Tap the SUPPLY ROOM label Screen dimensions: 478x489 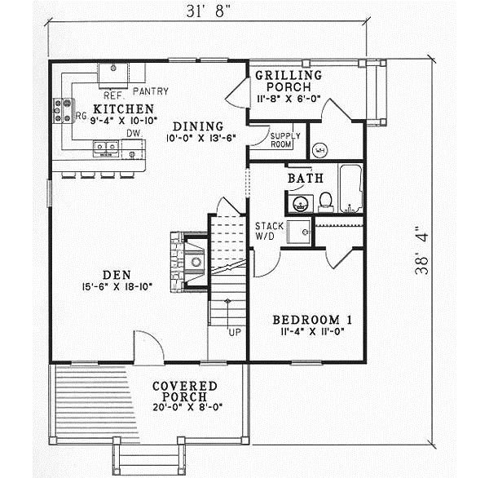(280, 139)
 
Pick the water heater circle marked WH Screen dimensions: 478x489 (319, 150)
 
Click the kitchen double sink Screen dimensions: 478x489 (107, 148)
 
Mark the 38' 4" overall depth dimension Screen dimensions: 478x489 (421, 250)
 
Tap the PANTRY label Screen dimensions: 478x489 (148, 91)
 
